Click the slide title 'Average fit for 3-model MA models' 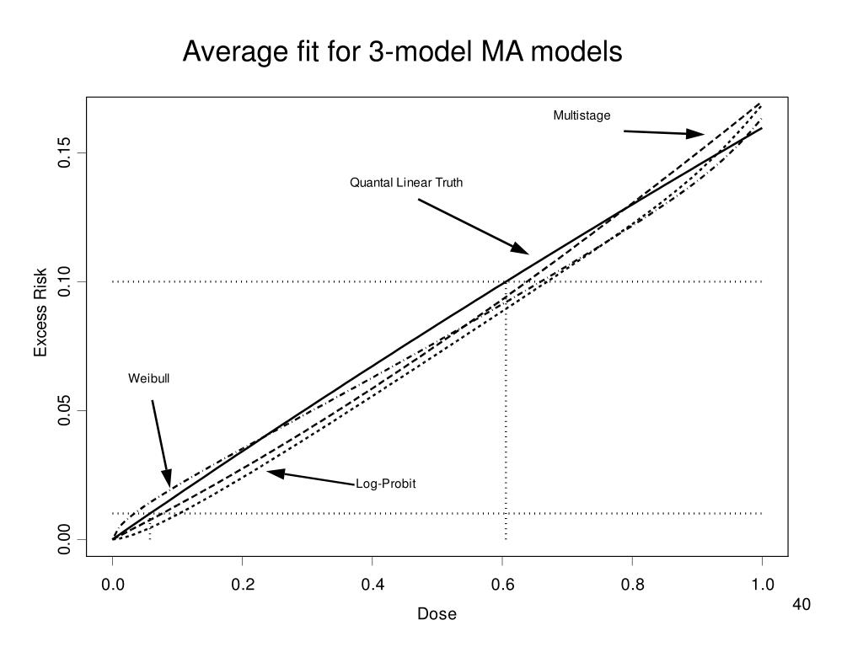coord(403,52)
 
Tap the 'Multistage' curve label coord(582,115)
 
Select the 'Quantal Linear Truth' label coord(406,182)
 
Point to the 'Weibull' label coord(148,378)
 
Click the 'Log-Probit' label coord(386,484)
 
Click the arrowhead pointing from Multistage coord(696,133)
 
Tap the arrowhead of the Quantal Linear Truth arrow coord(520,249)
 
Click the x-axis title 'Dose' coord(437,614)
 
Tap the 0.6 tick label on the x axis coord(502,584)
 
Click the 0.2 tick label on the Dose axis coord(242,584)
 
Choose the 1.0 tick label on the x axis coord(762,584)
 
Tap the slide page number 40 coord(801,605)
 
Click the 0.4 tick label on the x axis coord(372,584)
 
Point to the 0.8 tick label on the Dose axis coord(632,584)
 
